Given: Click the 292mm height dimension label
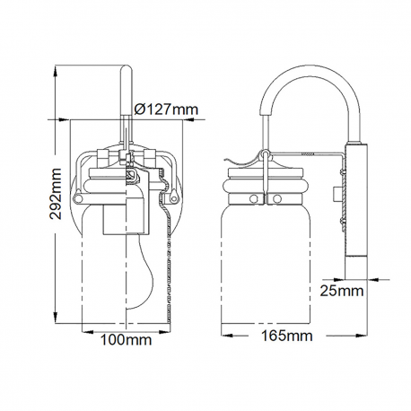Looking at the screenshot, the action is tap(56, 194).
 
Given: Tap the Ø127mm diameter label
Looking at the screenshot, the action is tap(166, 109).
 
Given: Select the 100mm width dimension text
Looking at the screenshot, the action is tap(126, 340).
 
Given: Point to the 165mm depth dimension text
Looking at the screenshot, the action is tap(287, 336).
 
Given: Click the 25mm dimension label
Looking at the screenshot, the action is tap(342, 291).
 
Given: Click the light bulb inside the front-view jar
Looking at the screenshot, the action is tap(140, 272).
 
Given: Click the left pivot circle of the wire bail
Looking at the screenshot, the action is tap(79, 198).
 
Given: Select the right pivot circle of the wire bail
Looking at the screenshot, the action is tap(173, 197).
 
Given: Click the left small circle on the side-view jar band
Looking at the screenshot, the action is tap(254, 198).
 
